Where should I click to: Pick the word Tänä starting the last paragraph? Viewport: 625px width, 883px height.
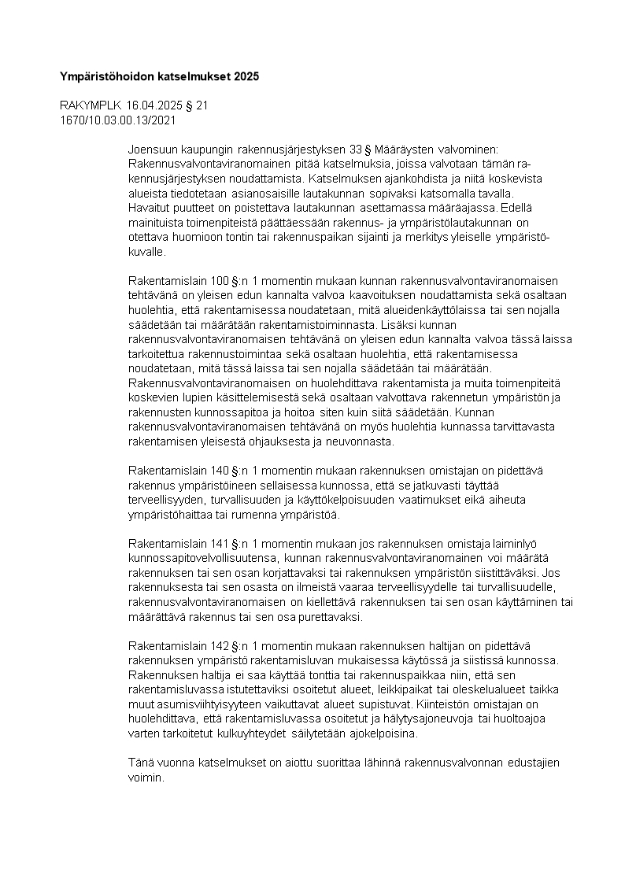point(141,764)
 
